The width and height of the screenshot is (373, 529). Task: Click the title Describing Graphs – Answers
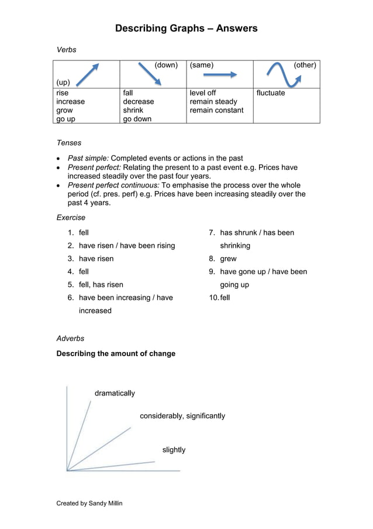[x=186, y=28]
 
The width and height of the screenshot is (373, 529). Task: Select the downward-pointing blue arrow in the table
[x=149, y=74]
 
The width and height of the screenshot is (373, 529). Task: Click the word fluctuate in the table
[x=271, y=93]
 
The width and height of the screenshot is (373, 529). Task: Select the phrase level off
[x=203, y=93]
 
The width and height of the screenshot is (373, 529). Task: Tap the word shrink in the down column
[x=133, y=110]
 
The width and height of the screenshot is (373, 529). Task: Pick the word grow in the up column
[x=64, y=110]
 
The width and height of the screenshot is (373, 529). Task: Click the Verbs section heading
[x=66, y=50]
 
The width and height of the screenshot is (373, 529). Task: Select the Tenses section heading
[x=69, y=143]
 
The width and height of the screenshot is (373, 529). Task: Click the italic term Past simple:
[x=88, y=158]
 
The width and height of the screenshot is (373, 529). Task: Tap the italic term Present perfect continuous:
[x=113, y=185]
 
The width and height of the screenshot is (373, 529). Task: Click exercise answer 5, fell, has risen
[x=101, y=285]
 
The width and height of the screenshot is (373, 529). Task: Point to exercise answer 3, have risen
[x=96, y=258]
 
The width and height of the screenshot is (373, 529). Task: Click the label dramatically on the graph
[x=115, y=393]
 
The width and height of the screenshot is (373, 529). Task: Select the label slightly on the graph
[x=174, y=450]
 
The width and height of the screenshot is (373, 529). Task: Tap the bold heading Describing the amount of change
[x=116, y=354]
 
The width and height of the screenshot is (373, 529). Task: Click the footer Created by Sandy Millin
[x=89, y=503]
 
